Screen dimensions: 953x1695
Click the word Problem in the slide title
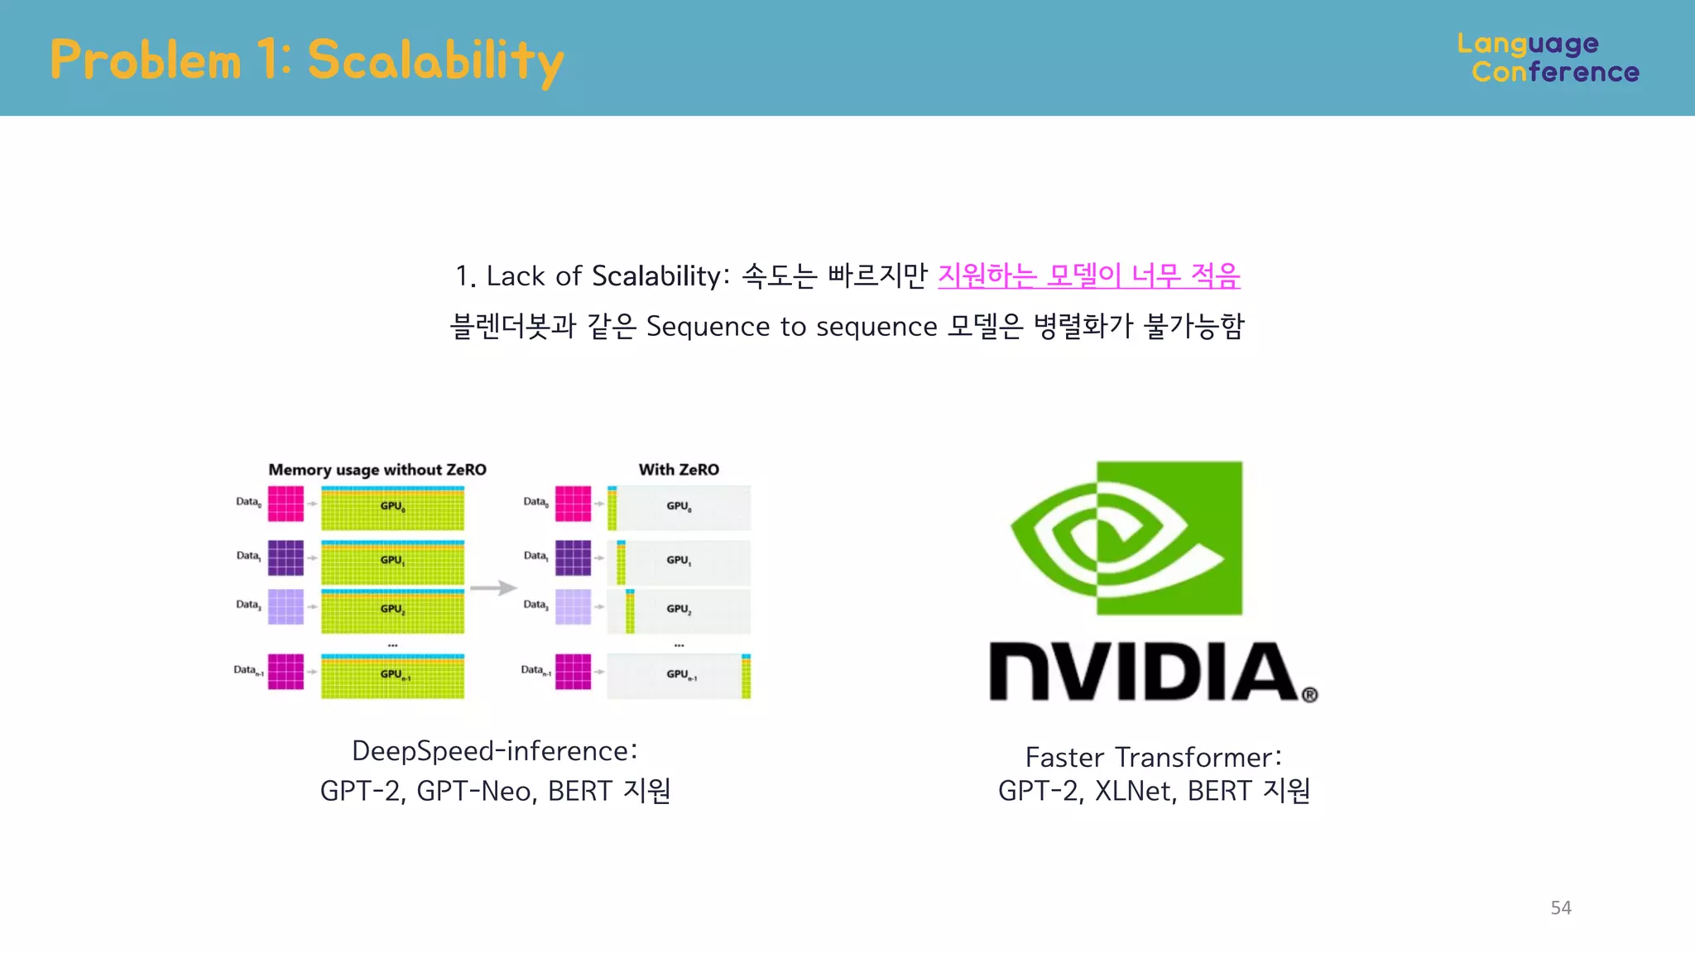coord(146,60)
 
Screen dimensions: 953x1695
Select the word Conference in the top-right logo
coord(1555,73)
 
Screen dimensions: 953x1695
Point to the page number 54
coord(1561,908)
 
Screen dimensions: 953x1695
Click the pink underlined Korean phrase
coord(1088,275)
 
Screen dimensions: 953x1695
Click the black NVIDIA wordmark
coord(1143,671)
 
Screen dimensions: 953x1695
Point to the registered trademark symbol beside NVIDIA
coord(1309,695)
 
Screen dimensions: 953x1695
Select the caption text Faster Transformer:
coord(1153,757)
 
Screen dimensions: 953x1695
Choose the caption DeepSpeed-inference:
coord(495,751)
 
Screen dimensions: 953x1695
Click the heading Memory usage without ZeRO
coord(377,470)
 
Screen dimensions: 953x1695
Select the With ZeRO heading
coord(679,470)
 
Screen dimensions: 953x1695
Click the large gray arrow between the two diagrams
coord(493,588)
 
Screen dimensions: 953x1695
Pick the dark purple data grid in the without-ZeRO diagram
coord(286,558)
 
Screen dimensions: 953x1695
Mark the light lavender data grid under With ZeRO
coord(573,606)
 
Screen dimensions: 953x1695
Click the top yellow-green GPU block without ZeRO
coord(392,508)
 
